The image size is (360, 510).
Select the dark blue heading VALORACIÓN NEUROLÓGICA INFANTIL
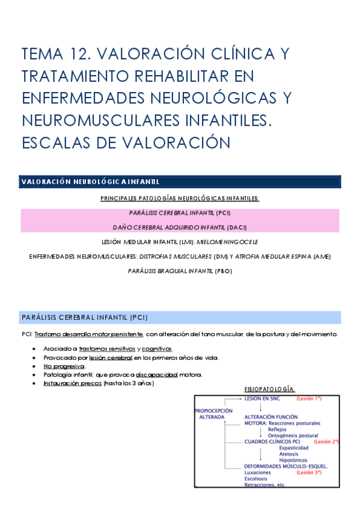pos(90,182)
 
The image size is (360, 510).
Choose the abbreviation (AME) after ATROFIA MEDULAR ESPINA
pos(320,256)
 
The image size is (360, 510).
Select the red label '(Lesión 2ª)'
pos(326,441)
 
